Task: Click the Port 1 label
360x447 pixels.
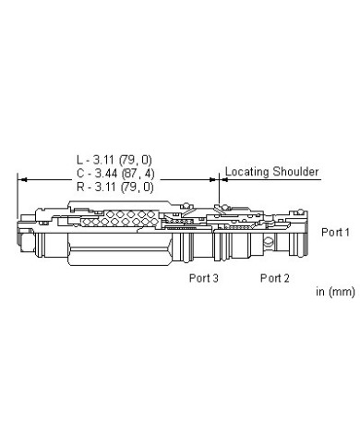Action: click(335, 232)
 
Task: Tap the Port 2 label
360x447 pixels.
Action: click(275, 278)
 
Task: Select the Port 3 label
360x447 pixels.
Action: click(203, 278)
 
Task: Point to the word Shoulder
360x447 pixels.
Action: click(295, 172)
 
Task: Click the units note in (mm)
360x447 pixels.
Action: click(335, 291)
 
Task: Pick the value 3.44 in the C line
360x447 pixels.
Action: click(105, 174)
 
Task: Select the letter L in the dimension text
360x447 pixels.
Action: click(79, 160)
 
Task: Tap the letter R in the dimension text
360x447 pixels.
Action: click(80, 187)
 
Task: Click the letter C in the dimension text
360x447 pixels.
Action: click(80, 174)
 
